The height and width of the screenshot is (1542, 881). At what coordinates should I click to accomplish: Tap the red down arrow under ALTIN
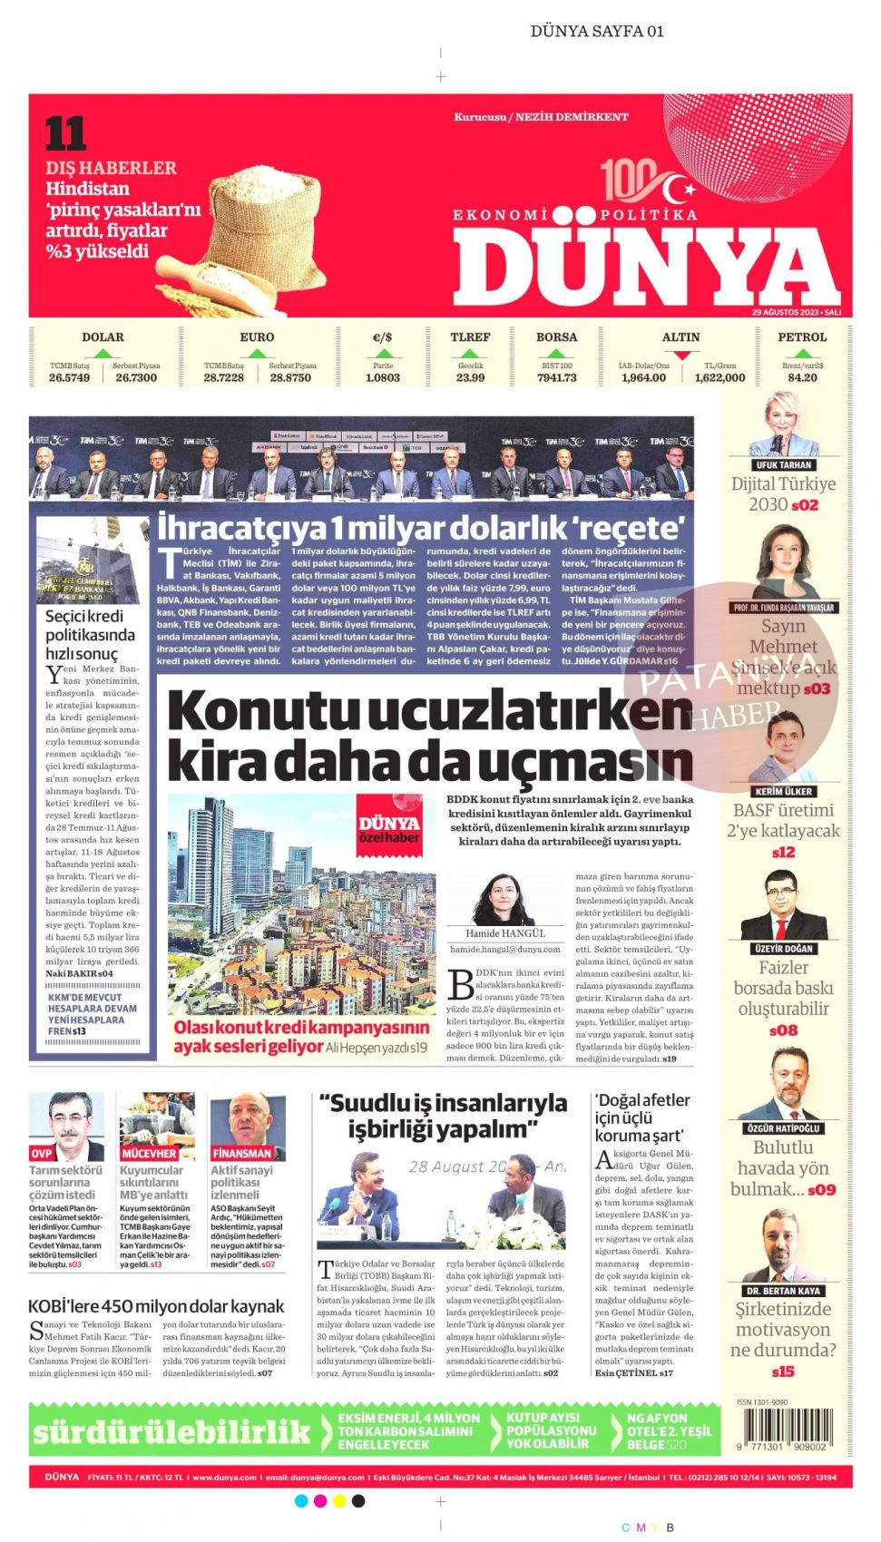click(x=681, y=356)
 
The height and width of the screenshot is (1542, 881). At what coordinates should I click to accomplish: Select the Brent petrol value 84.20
click(x=802, y=377)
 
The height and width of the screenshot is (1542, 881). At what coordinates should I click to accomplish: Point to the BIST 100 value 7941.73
click(x=556, y=377)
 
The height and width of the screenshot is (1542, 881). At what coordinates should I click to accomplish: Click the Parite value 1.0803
click(x=382, y=377)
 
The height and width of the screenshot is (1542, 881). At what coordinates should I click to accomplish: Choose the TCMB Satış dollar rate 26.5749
click(x=69, y=377)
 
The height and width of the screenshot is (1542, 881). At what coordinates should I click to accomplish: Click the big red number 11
click(x=65, y=134)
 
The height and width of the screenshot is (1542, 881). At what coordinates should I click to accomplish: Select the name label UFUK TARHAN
click(x=784, y=464)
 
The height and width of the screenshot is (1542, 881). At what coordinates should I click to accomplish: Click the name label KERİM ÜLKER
click(x=784, y=791)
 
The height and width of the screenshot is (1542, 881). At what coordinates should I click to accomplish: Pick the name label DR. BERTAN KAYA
click(x=782, y=1290)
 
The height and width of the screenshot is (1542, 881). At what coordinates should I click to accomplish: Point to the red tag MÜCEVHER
click(x=149, y=1154)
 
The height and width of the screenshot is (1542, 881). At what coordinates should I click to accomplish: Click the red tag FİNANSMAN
click(x=241, y=1154)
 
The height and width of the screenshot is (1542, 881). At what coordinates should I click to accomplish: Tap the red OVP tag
click(x=42, y=1154)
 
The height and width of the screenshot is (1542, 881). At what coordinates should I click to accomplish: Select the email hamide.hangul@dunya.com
click(x=505, y=949)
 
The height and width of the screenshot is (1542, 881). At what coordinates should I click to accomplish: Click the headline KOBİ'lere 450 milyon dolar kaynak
click(x=156, y=1306)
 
